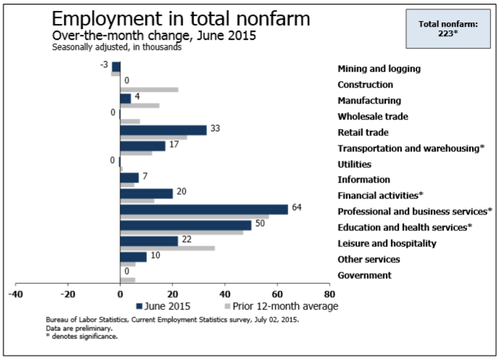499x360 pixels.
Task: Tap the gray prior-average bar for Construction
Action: click(149, 90)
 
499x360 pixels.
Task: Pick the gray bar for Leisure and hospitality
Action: click(167, 248)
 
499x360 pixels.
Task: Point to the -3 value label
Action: click(103, 66)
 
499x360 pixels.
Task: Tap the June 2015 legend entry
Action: click(177, 306)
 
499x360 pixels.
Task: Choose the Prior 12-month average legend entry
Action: click(278, 306)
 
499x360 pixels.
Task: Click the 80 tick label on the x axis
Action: click(329, 295)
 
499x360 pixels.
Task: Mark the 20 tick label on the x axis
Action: click(172, 295)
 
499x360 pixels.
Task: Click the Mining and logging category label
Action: click(379, 69)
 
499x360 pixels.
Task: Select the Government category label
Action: click(364, 275)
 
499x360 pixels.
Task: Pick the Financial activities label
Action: click(380, 196)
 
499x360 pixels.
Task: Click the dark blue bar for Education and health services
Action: click(186, 225)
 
